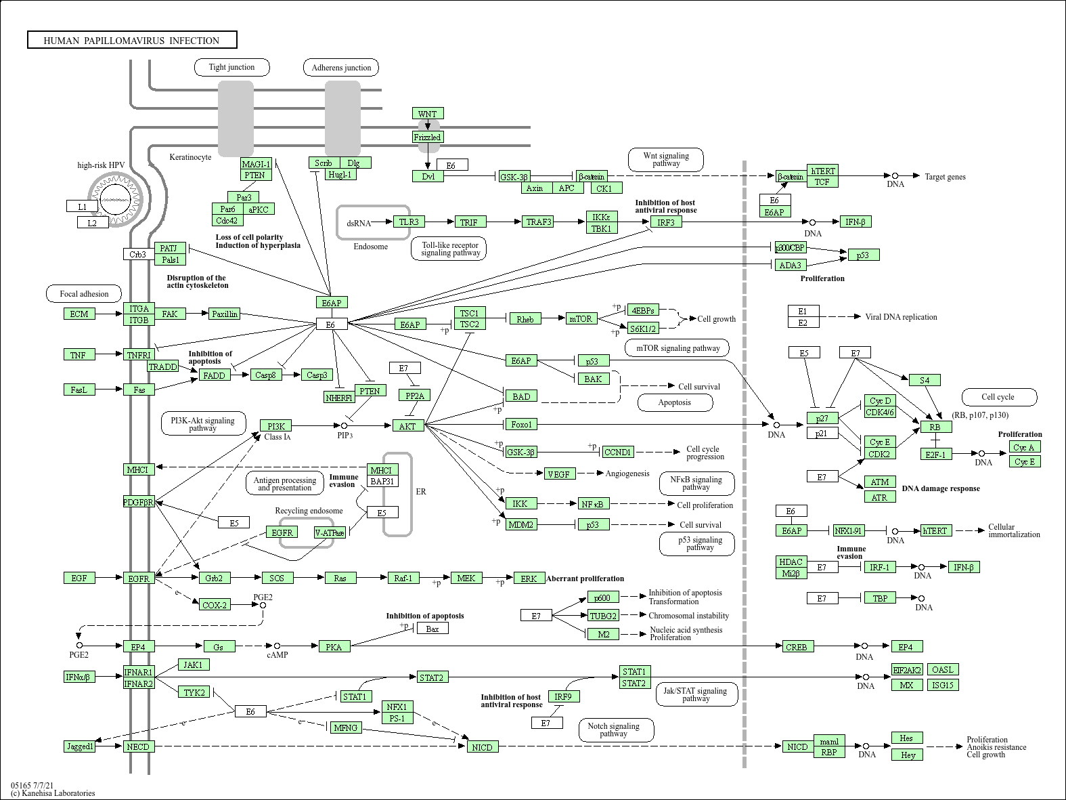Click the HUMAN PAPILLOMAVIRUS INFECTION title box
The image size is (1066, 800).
132,40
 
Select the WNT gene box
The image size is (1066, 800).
427,114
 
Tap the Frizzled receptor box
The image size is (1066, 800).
427,138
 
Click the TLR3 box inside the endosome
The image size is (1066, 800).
409,222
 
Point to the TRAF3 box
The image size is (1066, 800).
539,222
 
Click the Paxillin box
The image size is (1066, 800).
224,314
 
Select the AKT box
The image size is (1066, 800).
407,425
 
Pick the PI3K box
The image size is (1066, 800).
275,425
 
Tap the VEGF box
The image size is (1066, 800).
559,474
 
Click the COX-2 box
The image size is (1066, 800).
215,605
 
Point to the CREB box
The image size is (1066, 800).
796,647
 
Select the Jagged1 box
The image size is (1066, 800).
80,746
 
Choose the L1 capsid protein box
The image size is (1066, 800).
82,207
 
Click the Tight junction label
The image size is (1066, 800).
231,67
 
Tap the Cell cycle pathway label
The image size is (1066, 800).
998,397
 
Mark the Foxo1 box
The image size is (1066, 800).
521,425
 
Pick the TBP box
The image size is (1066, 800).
879,598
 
